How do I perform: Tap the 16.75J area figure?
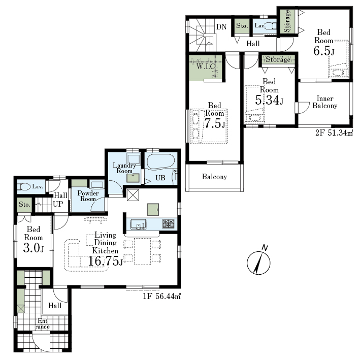(106, 261)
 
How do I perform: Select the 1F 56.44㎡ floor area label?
(161, 297)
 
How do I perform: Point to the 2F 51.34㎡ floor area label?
(334, 133)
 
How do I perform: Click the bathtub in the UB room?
(160, 161)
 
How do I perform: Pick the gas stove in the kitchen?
(168, 223)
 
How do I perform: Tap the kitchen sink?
(138, 224)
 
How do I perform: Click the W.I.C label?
(206, 67)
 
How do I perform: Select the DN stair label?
(221, 27)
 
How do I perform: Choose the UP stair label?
(58, 204)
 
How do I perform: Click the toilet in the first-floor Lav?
(24, 187)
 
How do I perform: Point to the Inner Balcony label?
(325, 102)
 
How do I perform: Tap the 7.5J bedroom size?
(214, 123)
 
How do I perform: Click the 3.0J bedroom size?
(34, 248)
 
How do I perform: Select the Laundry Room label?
(124, 168)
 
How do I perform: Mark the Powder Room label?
(88, 196)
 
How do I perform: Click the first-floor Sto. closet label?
(24, 204)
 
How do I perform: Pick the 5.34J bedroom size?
(269, 100)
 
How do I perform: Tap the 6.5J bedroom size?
(324, 51)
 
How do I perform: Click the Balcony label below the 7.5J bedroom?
(214, 177)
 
